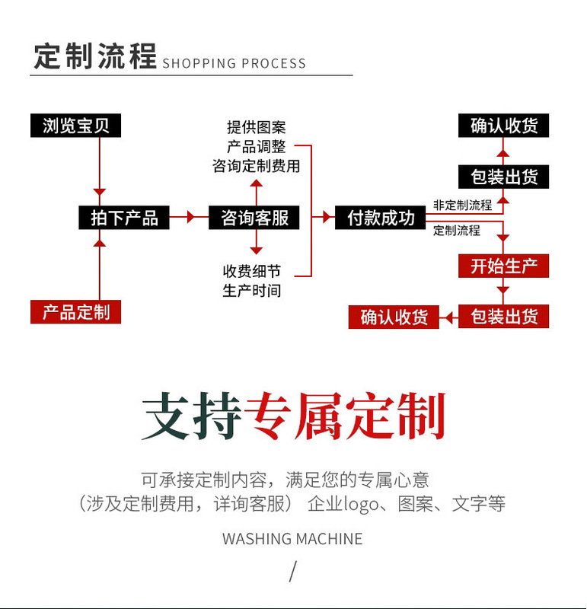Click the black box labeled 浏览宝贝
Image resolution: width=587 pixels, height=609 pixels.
click(x=76, y=126)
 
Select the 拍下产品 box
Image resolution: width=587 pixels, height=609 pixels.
click(x=124, y=218)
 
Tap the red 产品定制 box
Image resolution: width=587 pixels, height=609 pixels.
click(x=76, y=311)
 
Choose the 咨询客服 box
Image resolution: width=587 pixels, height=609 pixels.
click(x=254, y=218)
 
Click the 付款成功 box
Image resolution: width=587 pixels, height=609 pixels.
click(x=381, y=218)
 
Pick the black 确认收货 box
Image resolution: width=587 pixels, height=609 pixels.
click(x=503, y=126)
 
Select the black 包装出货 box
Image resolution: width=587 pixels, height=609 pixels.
click(x=503, y=177)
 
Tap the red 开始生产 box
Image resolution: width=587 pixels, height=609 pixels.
click(x=503, y=266)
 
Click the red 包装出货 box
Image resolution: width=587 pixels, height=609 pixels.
click(x=503, y=316)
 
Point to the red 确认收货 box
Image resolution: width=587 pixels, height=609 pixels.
click(x=394, y=316)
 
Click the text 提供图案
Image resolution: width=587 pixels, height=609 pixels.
click(x=257, y=127)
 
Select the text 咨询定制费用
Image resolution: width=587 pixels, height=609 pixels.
click(x=257, y=165)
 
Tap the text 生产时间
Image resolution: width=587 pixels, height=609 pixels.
click(x=252, y=290)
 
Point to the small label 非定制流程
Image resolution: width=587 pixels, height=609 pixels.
click(x=462, y=205)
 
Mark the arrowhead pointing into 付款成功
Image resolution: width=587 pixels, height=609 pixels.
click(x=327, y=218)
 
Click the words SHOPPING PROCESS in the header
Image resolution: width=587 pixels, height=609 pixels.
click(x=234, y=63)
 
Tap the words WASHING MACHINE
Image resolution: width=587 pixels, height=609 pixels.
click(x=292, y=539)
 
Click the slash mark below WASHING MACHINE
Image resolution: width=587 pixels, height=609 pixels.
click(x=292, y=571)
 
